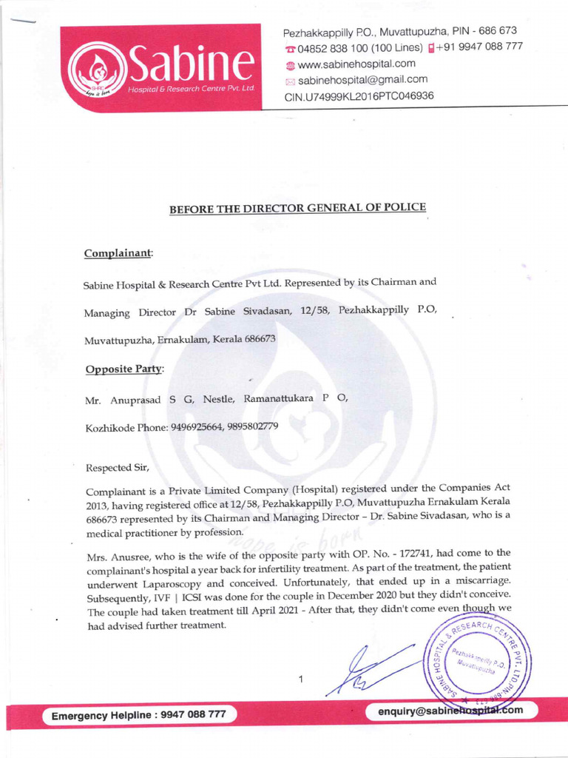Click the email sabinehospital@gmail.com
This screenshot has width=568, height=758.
click(362, 79)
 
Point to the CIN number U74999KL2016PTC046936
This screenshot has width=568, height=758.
click(359, 95)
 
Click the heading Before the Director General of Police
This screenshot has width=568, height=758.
click(298, 208)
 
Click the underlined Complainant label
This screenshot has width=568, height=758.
click(118, 253)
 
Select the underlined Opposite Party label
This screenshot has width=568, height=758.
click(124, 368)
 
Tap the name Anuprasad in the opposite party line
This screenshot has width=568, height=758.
click(135, 399)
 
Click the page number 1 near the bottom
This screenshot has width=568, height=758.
click(301, 678)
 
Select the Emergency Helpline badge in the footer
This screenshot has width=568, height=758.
click(139, 716)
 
